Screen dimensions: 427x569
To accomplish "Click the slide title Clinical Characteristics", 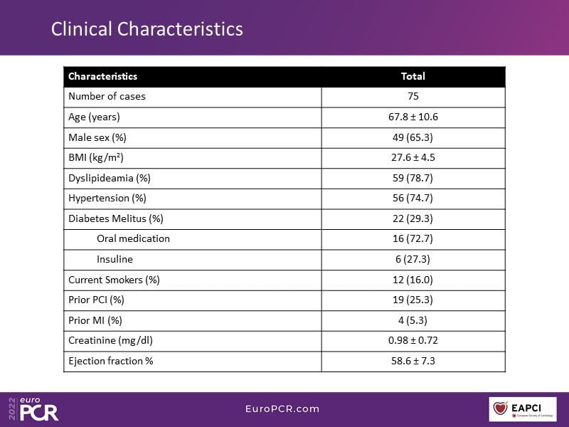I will tap(147, 29).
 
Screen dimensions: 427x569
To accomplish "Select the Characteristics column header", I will tap(102, 76).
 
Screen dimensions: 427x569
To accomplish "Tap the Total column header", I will tap(413, 76).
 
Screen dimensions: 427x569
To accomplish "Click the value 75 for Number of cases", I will tap(413, 96).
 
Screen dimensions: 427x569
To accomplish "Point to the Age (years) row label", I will tap(94, 117).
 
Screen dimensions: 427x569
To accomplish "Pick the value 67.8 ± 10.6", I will tap(413, 117).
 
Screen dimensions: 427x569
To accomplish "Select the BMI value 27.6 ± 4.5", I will tap(413, 157).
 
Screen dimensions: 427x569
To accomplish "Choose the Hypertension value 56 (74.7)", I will tap(413, 198).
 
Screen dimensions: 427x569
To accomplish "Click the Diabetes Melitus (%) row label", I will tap(116, 218).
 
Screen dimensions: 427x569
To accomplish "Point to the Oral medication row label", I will tap(133, 238).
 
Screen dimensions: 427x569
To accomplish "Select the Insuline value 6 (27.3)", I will tap(413, 259).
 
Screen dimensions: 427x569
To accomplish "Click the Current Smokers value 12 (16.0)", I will tap(413, 280).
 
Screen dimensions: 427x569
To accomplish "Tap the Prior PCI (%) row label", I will tap(96, 300).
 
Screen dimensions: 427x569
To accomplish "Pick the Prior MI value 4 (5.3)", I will tap(413, 320).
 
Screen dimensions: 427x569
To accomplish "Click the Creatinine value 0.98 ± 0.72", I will tap(413, 340).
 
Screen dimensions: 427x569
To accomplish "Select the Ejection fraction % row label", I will tap(110, 361).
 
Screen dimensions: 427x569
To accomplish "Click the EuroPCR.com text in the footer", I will tap(282, 408).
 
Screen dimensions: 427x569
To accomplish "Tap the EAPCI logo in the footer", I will tap(523, 409).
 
